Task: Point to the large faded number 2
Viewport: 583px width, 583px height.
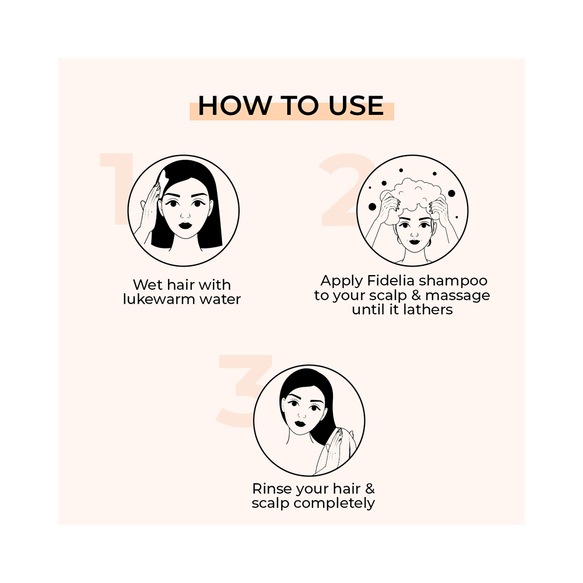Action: pyautogui.click(x=344, y=189)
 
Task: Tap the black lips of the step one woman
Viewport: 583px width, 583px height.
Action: pyautogui.click(x=185, y=224)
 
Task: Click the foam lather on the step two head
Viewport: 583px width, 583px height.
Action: pyautogui.click(x=412, y=195)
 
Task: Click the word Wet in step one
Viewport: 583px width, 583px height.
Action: pyautogui.click(x=147, y=285)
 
